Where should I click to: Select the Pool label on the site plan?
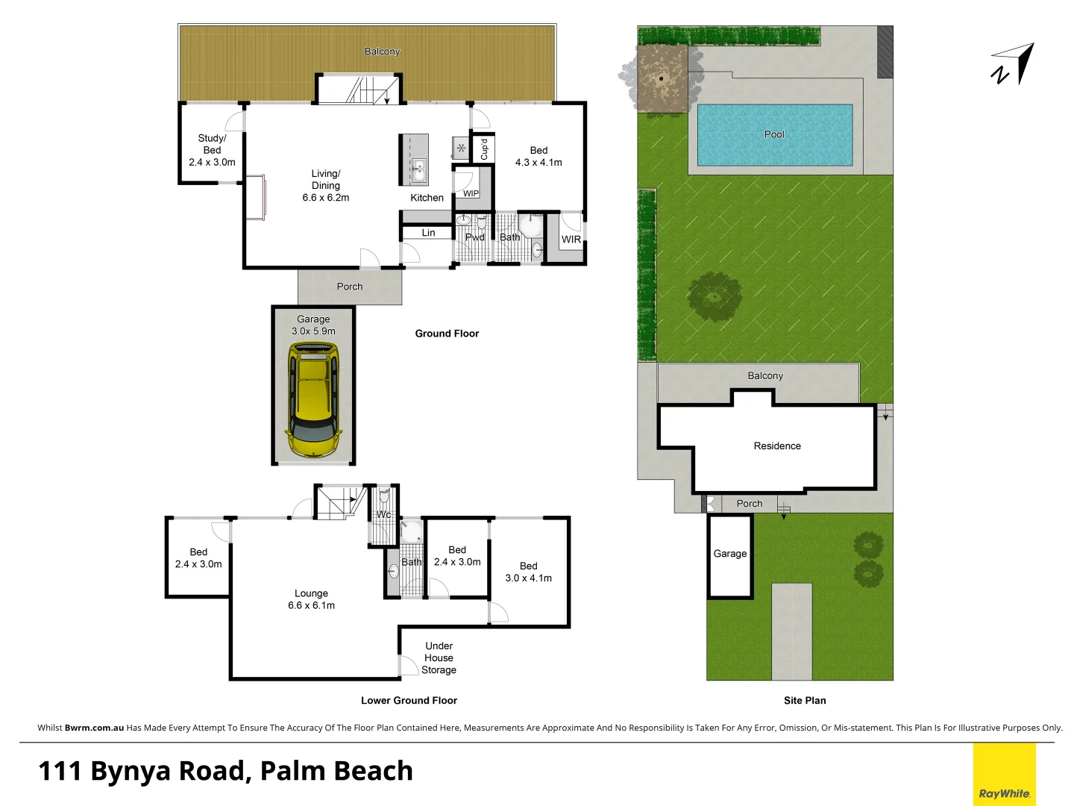coord(774,134)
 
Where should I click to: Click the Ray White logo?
coord(1004,793)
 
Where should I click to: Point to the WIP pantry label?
coord(471,193)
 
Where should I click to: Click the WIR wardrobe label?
coord(571,240)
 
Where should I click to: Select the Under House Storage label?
coord(439,657)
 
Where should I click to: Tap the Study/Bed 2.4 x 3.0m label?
coord(212,150)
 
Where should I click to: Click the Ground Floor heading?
coord(447,334)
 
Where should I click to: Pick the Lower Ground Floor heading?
coord(409,700)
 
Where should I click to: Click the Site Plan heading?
coord(805,700)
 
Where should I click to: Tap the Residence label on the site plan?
coord(777,446)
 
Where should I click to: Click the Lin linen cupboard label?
coord(428,233)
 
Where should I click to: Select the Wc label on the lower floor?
coord(383,514)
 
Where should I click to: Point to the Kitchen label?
coord(427,198)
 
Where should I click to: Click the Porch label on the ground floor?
coord(349,287)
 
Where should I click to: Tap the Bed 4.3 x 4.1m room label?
coord(538,156)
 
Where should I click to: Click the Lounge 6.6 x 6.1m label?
coord(311,599)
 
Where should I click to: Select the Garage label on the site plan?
coord(729,554)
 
